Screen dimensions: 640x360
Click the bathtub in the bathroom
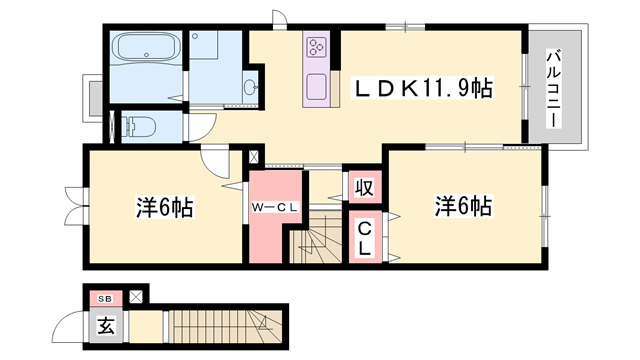(x=146, y=47)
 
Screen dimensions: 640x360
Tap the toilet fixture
(x=139, y=126)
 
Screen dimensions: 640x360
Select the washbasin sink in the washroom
(x=249, y=87)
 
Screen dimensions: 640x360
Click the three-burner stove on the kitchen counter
(x=316, y=46)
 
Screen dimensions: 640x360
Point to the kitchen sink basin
(x=316, y=87)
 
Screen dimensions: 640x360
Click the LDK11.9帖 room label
(x=422, y=88)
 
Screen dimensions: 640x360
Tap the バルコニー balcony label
(x=553, y=88)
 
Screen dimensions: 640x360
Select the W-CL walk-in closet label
(x=275, y=207)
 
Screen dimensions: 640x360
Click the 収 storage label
(x=364, y=188)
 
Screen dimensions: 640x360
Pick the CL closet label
(x=364, y=238)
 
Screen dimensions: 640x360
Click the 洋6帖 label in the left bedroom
(x=164, y=207)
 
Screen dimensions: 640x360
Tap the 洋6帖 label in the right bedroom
(x=463, y=206)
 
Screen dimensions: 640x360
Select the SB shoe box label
(x=106, y=299)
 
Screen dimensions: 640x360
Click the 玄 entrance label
(x=105, y=326)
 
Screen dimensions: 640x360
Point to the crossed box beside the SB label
(x=136, y=297)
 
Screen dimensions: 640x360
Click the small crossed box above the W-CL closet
(x=253, y=157)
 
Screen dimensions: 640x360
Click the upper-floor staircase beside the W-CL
(x=316, y=238)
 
